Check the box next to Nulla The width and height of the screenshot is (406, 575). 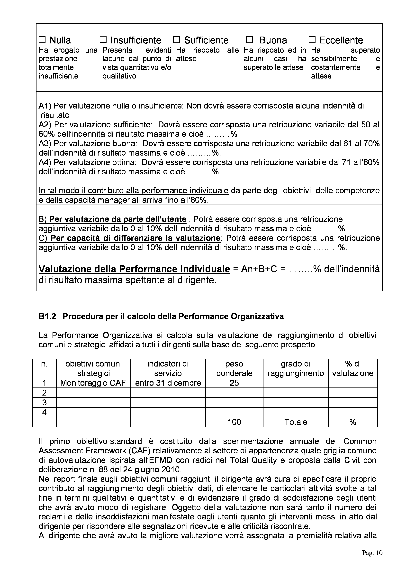[x=42, y=40]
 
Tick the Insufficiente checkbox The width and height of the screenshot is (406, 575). [x=103, y=40]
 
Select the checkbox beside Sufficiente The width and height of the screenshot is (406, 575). [x=177, y=40]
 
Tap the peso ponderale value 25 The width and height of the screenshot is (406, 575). [x=234, y=383]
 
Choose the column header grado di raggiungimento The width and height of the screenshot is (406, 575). [x=296, y=368]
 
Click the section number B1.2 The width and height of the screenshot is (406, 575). [x=47, y=317]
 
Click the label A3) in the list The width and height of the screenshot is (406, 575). [x=45, y=143]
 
